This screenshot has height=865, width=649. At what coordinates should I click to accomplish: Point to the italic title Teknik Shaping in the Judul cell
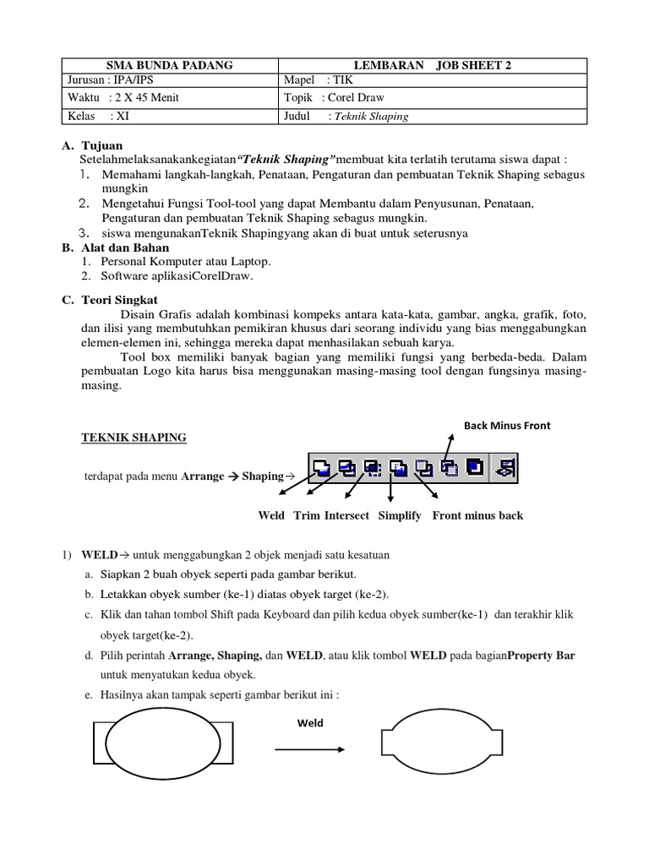coord(371,117)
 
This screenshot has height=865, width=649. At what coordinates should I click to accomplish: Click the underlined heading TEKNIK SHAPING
coord(134,438)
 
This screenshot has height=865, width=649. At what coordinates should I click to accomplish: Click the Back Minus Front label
coord(507,426)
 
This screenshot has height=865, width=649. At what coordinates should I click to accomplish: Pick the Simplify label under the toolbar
coord(400,515)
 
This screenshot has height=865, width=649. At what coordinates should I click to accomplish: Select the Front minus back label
coord(477,515)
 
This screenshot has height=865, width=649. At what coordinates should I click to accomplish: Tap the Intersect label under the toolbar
coord(346,515)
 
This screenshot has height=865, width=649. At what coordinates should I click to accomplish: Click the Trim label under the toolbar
coord(306,515)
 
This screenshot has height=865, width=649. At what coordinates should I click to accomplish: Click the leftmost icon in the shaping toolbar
coord(322,465)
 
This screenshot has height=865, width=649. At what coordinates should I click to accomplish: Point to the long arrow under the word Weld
coord(308,749)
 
